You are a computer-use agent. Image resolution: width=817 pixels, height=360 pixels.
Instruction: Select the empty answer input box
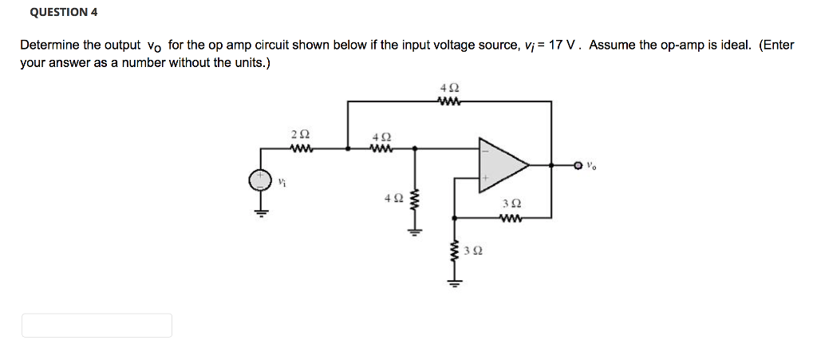point(97,325)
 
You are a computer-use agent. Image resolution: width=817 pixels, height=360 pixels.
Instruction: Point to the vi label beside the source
point(281,182)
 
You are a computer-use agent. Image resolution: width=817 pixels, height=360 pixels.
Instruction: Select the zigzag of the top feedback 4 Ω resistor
point(449,101)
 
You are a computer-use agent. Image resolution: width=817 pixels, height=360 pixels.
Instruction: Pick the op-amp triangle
point(501,165)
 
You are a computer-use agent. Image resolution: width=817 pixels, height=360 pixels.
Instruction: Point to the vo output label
point(590,166)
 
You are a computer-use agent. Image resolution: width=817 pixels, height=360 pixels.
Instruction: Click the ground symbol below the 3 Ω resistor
point(453,283)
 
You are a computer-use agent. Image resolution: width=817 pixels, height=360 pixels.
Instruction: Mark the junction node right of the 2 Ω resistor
point(347,148)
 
